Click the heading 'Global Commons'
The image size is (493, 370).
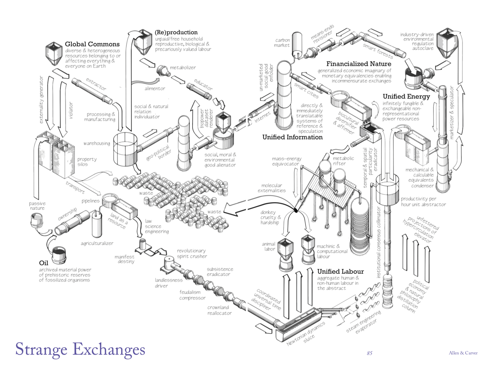(92, 44)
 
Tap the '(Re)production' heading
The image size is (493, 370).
(176, 32)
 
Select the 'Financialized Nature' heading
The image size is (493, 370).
(359, 64)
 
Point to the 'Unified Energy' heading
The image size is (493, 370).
(406, 97)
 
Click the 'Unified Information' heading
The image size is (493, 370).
(292, 137)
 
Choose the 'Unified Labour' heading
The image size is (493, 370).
(340, 271)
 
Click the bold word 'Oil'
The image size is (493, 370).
(43, 263)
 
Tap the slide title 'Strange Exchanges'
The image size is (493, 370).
(80, 349)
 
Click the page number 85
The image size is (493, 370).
(369, 353)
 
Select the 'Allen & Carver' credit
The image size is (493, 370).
(463, 353)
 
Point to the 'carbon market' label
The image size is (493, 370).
(282, 43)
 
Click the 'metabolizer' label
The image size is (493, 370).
(183, 68)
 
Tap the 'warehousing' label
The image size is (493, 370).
(96, 143)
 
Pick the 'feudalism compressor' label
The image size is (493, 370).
(192, 295)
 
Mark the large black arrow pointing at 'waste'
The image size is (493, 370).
(237, 209)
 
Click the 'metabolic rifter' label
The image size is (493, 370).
(343, 161)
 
